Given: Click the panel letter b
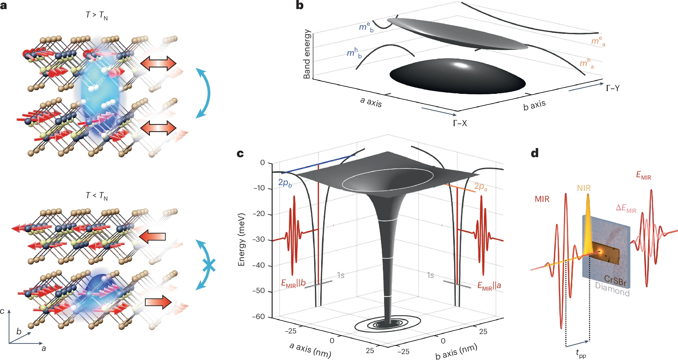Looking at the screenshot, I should (300, 5).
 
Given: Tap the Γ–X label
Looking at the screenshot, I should (460, 123).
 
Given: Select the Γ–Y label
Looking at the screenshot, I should (613, 88).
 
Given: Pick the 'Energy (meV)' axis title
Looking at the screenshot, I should (241, 240).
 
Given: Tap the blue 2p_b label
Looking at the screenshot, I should (285, 183).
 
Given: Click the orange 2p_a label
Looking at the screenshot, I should (480, 187).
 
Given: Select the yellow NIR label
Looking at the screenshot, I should (584, 188).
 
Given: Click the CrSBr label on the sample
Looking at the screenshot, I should (615, 280).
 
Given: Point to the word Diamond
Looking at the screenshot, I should (612, 289).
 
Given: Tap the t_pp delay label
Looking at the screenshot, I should (581, 353).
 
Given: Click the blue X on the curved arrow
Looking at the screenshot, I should (209, 266).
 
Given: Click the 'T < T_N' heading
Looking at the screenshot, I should (97, 196).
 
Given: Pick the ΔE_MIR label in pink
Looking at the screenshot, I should (626, 208).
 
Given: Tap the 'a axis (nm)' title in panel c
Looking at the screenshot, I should (310, 350).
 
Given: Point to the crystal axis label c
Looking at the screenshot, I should (3, 311).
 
